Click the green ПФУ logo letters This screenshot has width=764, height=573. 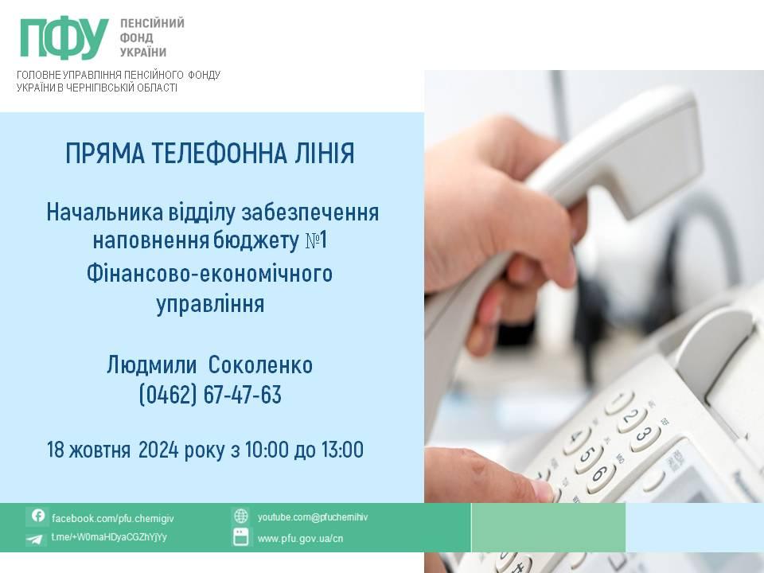tap(64, 38)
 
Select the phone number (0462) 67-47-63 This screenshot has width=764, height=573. tap(210, 394)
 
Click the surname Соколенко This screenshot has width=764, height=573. tap(261, 365)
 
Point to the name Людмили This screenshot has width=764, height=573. tap(151, 365)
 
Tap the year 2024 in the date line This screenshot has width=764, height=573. tap(158, 449)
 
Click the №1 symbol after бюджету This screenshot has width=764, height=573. tap(316, 240)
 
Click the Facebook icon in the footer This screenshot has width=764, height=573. tap(37, 516)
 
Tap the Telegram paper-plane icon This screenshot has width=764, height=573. tap(34, 539)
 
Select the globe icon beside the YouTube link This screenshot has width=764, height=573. tap(240, 516)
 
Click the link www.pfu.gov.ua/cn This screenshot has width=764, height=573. tap(300, 539)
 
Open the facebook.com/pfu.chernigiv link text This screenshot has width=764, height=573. tap(112, 518)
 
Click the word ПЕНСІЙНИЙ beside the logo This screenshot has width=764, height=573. tap(152, 23)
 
